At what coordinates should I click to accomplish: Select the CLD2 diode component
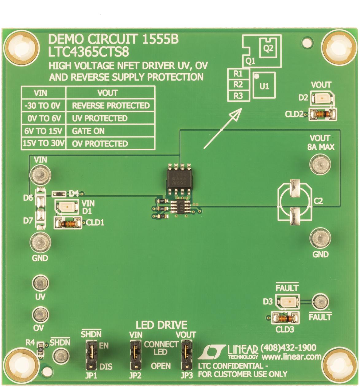coord(321,115)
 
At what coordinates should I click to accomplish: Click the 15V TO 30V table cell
coord(43,144)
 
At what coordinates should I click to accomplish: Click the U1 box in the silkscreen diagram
coord(264,86)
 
